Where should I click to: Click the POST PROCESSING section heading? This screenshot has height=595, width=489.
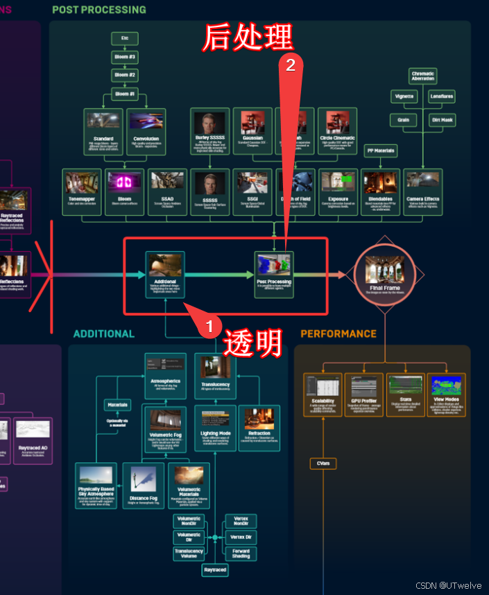coord(99,10)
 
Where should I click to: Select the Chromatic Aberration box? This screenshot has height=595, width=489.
coord(422,76)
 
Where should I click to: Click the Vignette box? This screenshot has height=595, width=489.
coord(403,96)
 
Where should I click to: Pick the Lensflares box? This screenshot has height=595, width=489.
coord(442,96)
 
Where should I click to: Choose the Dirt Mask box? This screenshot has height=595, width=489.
coord(442,120)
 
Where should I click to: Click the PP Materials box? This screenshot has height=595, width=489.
coord(381,150)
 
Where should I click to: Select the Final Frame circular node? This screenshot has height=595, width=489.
coord(384,275)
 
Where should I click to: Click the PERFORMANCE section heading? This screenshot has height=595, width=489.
coord(338,334)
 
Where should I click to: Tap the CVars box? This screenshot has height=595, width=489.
coord(323,463)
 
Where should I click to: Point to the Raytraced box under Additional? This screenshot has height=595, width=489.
coord(215,570)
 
